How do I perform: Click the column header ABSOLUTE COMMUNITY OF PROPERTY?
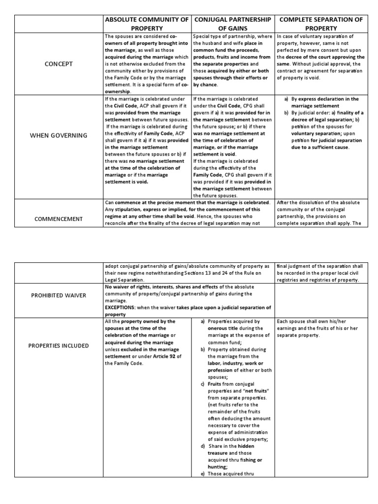pos(147,24)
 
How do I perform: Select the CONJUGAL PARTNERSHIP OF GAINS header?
pos(233,24)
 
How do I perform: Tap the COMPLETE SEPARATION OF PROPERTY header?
pos(321,24)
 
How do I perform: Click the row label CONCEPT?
pos(58,64)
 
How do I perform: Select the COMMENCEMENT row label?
pos(58,219)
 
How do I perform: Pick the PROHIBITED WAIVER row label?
pos(58,295)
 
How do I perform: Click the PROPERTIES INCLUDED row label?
pos(58,346)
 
